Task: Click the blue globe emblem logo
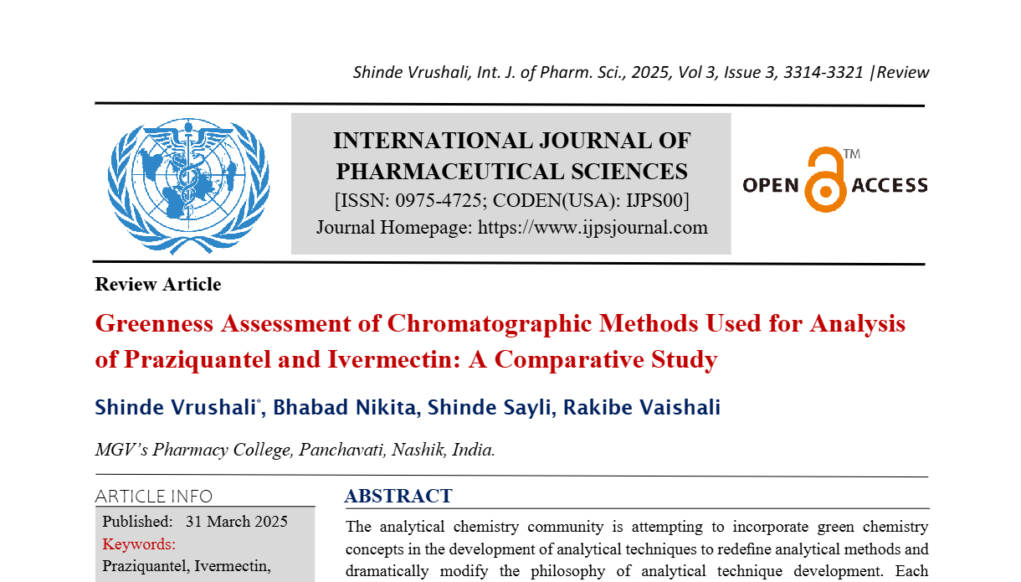[x=188, y=185]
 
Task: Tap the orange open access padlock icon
[x=824, y=179]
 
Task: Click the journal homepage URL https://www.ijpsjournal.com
[x=593, y=227]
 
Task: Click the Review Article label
[x=158, y=285]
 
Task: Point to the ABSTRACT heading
[x=398, y=496]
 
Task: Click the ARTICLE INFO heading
[x=154, y=496]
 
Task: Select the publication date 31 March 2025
[x=237, y=522]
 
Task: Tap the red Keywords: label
[x=139, y=543]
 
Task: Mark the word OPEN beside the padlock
[x=771, y=185]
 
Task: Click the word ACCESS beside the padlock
[x=890, y=185]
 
